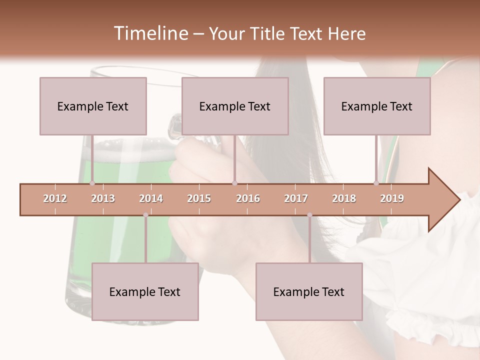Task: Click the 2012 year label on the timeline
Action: (55, 198)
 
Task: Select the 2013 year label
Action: (103, 198)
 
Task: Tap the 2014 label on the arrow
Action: (151, 198)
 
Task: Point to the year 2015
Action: (199, 198)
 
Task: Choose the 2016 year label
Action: (248, 198)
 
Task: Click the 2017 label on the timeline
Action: (296, 198)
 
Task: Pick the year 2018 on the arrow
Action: (344, 198)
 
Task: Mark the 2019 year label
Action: (392, 198)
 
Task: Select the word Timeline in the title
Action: (150, 33)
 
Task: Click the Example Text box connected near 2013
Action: (93, 106)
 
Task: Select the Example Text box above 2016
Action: (235, 106)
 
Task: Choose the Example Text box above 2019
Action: (377, 106)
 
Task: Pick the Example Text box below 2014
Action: (145, 291)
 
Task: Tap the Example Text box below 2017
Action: (309, 291)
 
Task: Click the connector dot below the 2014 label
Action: (145, 215)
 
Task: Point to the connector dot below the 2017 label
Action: (309, 215)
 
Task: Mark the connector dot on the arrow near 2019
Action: (376, 183)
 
